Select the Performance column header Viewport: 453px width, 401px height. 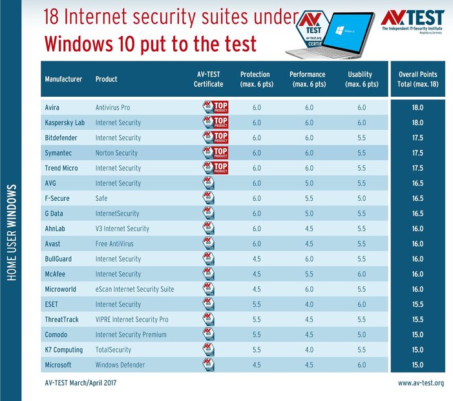click(307, 79)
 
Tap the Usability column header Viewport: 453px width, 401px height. click(359, 79)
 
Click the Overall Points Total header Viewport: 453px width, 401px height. click(417, 79)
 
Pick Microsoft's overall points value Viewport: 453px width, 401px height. click(417, 365)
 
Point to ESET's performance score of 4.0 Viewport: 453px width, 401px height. click(308, 304)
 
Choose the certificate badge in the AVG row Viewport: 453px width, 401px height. click(208, 183)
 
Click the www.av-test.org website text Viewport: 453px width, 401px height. click(421, 384)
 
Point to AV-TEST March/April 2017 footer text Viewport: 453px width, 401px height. click(80, 384)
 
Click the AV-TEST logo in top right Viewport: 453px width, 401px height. click(412, 20)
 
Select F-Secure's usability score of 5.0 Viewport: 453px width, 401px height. click(359, 198)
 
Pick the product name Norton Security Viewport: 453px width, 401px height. click(116, 152)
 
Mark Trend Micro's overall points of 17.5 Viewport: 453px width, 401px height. click(417, 168)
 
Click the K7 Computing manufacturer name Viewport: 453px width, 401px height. click(63, 349)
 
